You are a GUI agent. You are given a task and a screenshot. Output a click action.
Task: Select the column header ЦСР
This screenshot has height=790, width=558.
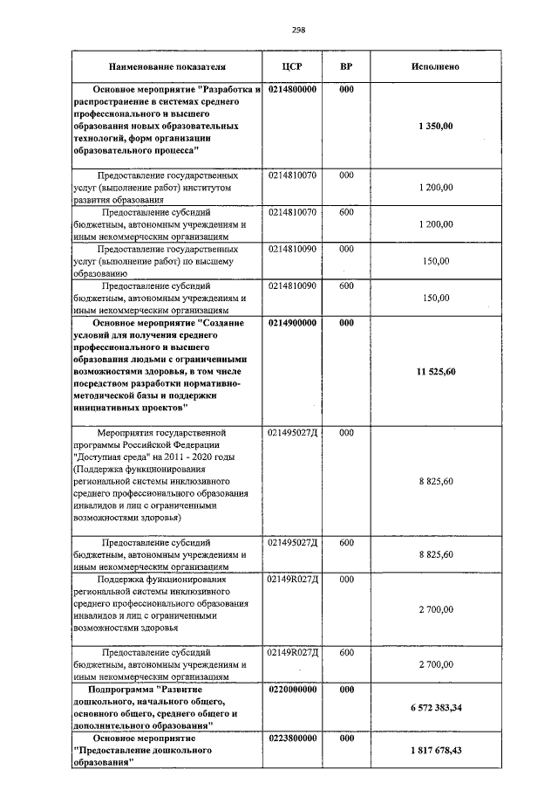point(292,66)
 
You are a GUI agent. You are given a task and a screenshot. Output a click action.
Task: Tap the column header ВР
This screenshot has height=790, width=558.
point(346,66)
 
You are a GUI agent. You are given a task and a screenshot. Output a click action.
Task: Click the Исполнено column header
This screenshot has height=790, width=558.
point(435,66)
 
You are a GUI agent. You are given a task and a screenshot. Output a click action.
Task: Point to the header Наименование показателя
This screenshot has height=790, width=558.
point(167,66)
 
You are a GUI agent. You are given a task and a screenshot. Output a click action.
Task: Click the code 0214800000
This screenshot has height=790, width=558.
point(292,90)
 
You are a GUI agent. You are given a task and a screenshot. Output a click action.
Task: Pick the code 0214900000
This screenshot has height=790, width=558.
point(292,322)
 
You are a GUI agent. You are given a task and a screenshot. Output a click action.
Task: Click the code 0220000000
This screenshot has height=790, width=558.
point(292,689)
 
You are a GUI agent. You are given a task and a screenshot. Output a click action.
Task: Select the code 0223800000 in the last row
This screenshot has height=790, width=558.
point(292,738)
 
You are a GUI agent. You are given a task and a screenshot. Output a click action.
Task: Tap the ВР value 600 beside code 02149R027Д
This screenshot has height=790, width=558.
point(346,652)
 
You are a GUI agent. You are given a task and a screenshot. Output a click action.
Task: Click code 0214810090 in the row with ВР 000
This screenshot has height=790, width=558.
point(292,249)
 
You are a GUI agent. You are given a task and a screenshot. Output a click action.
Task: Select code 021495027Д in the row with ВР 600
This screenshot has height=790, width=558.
point(292,542)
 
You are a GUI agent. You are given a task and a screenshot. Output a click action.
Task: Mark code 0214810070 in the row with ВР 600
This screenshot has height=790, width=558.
point(292,212)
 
